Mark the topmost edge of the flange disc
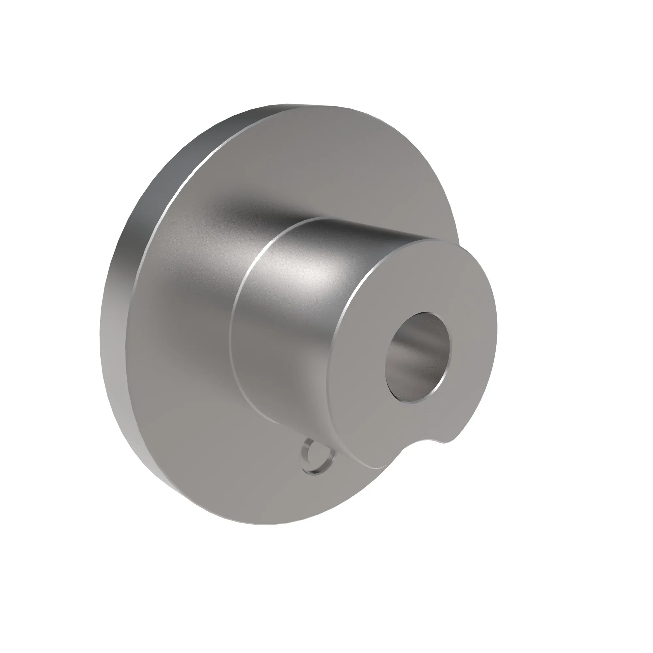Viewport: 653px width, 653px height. pos(287,105)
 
